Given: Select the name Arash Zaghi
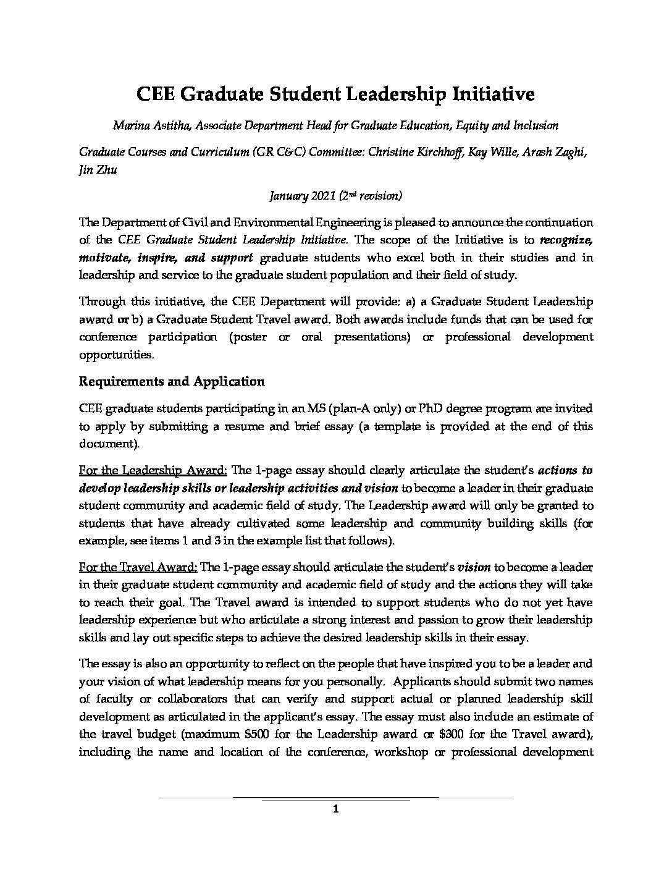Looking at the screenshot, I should coord(553,153).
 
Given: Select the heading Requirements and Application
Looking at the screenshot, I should coord(172,381).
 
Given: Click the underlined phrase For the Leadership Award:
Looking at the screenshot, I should coord(153,470).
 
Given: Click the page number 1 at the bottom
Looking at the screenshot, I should coord(335,809).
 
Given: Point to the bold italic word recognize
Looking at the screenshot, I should coord(566,240).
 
